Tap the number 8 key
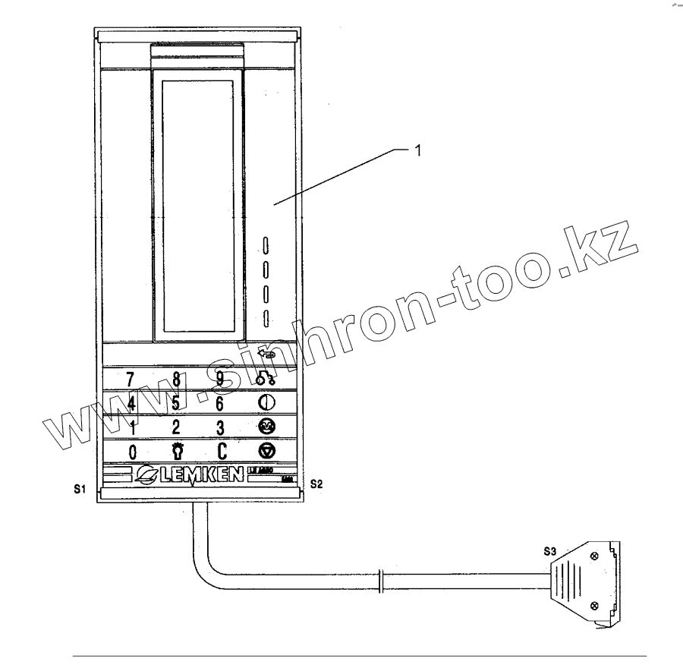[x=176, y=378]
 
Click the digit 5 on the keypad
[x=176, y=402]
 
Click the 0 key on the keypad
[x=132, y=452]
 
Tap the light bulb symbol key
[x=176, y=451]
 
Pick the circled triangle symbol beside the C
[x=267, y=451]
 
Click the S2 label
[x=316, y=483]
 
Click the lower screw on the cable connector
[x=593, y=605]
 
